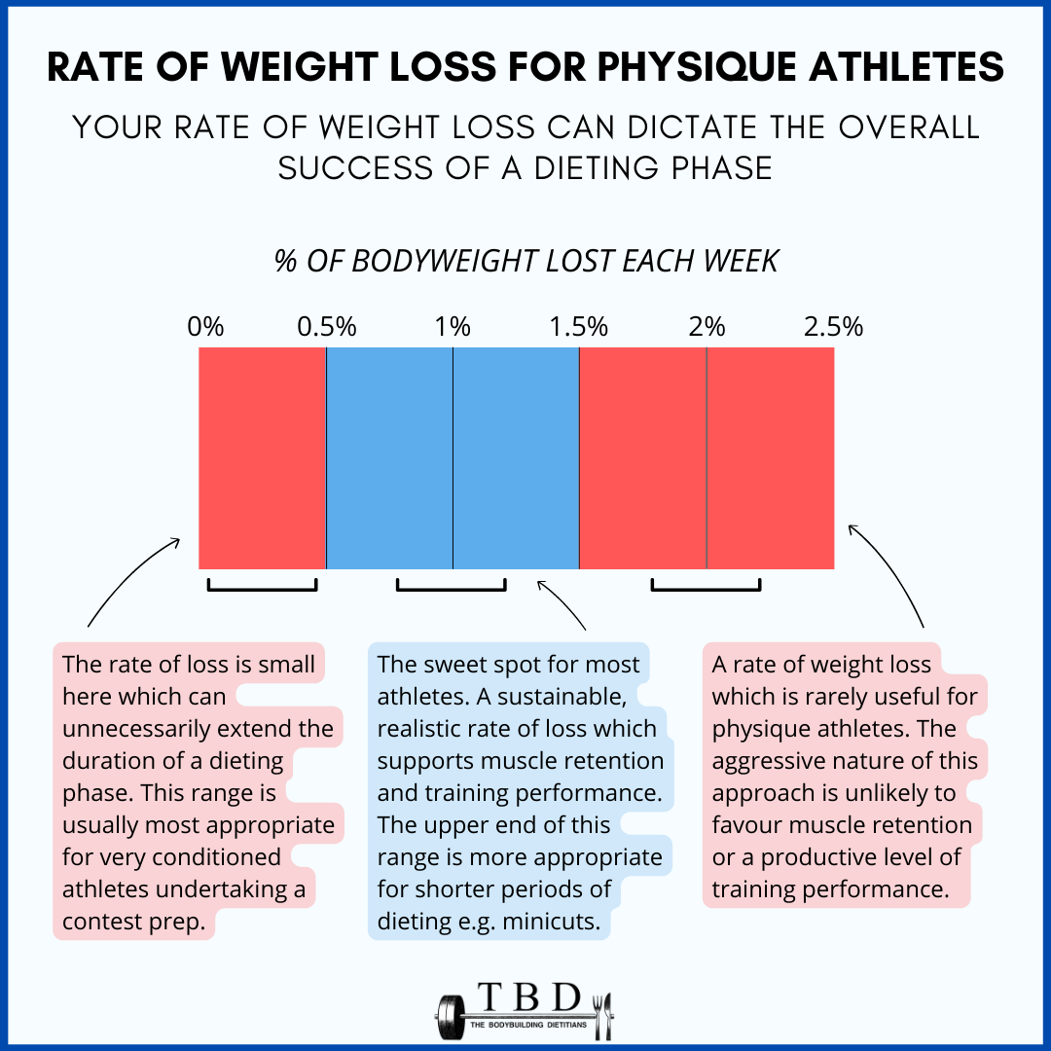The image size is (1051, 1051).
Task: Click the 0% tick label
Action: [205, 327]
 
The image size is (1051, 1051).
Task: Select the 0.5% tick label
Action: [326, 327]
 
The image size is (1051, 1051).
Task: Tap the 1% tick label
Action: [453, 327]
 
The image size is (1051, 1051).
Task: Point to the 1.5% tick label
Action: [579, 327]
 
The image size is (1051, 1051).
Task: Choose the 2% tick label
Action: [707, 327]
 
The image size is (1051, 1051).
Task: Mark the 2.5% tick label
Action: [833, 327]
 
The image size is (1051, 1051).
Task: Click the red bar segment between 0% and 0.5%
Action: [262, 457]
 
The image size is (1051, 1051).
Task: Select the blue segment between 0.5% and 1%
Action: [389, 457]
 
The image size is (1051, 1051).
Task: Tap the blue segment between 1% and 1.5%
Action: [516, 457]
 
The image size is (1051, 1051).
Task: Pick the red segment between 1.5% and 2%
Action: [642, 457]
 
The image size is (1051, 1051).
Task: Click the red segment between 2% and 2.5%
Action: [770, 457]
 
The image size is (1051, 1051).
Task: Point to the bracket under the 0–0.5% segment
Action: [262, 587]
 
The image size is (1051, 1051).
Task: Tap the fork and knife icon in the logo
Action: [602, 1014]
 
